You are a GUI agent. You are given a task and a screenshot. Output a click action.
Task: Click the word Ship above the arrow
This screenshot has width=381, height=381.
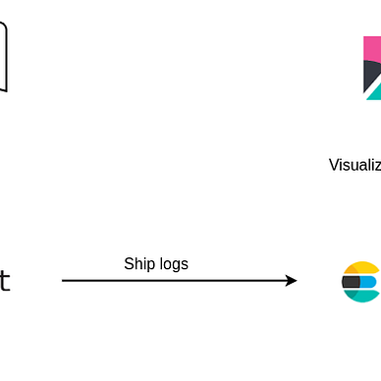coord(138,263)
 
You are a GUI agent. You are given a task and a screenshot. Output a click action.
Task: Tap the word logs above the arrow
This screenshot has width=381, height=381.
coord(172,263)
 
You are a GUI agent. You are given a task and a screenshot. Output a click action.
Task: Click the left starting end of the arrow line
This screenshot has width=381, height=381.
coord(64,280)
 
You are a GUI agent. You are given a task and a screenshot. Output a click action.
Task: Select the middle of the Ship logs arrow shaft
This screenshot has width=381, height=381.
coord(177,280)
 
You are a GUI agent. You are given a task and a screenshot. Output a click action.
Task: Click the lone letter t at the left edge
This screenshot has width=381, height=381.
coord(4,282)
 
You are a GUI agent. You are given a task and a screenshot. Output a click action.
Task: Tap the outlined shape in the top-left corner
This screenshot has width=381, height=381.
coord(3,59)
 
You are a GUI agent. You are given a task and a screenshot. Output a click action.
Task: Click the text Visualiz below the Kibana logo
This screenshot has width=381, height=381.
coord(354,165)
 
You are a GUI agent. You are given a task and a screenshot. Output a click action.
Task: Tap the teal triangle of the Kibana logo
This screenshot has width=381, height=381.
coord(375,94)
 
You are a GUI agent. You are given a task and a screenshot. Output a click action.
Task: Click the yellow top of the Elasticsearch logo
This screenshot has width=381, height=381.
coord(362,267)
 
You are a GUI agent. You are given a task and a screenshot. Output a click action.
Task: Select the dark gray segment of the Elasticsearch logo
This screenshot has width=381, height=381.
coord(351,282)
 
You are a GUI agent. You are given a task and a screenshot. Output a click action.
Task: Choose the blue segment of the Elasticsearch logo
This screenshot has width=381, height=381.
coord(370,282)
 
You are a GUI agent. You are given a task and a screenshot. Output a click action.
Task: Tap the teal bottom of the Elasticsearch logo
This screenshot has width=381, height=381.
coord(362,296)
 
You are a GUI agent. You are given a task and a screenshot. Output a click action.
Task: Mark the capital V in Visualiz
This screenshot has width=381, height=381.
coord(334,165)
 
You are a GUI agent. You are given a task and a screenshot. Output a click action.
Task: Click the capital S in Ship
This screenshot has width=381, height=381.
coord(129,263)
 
